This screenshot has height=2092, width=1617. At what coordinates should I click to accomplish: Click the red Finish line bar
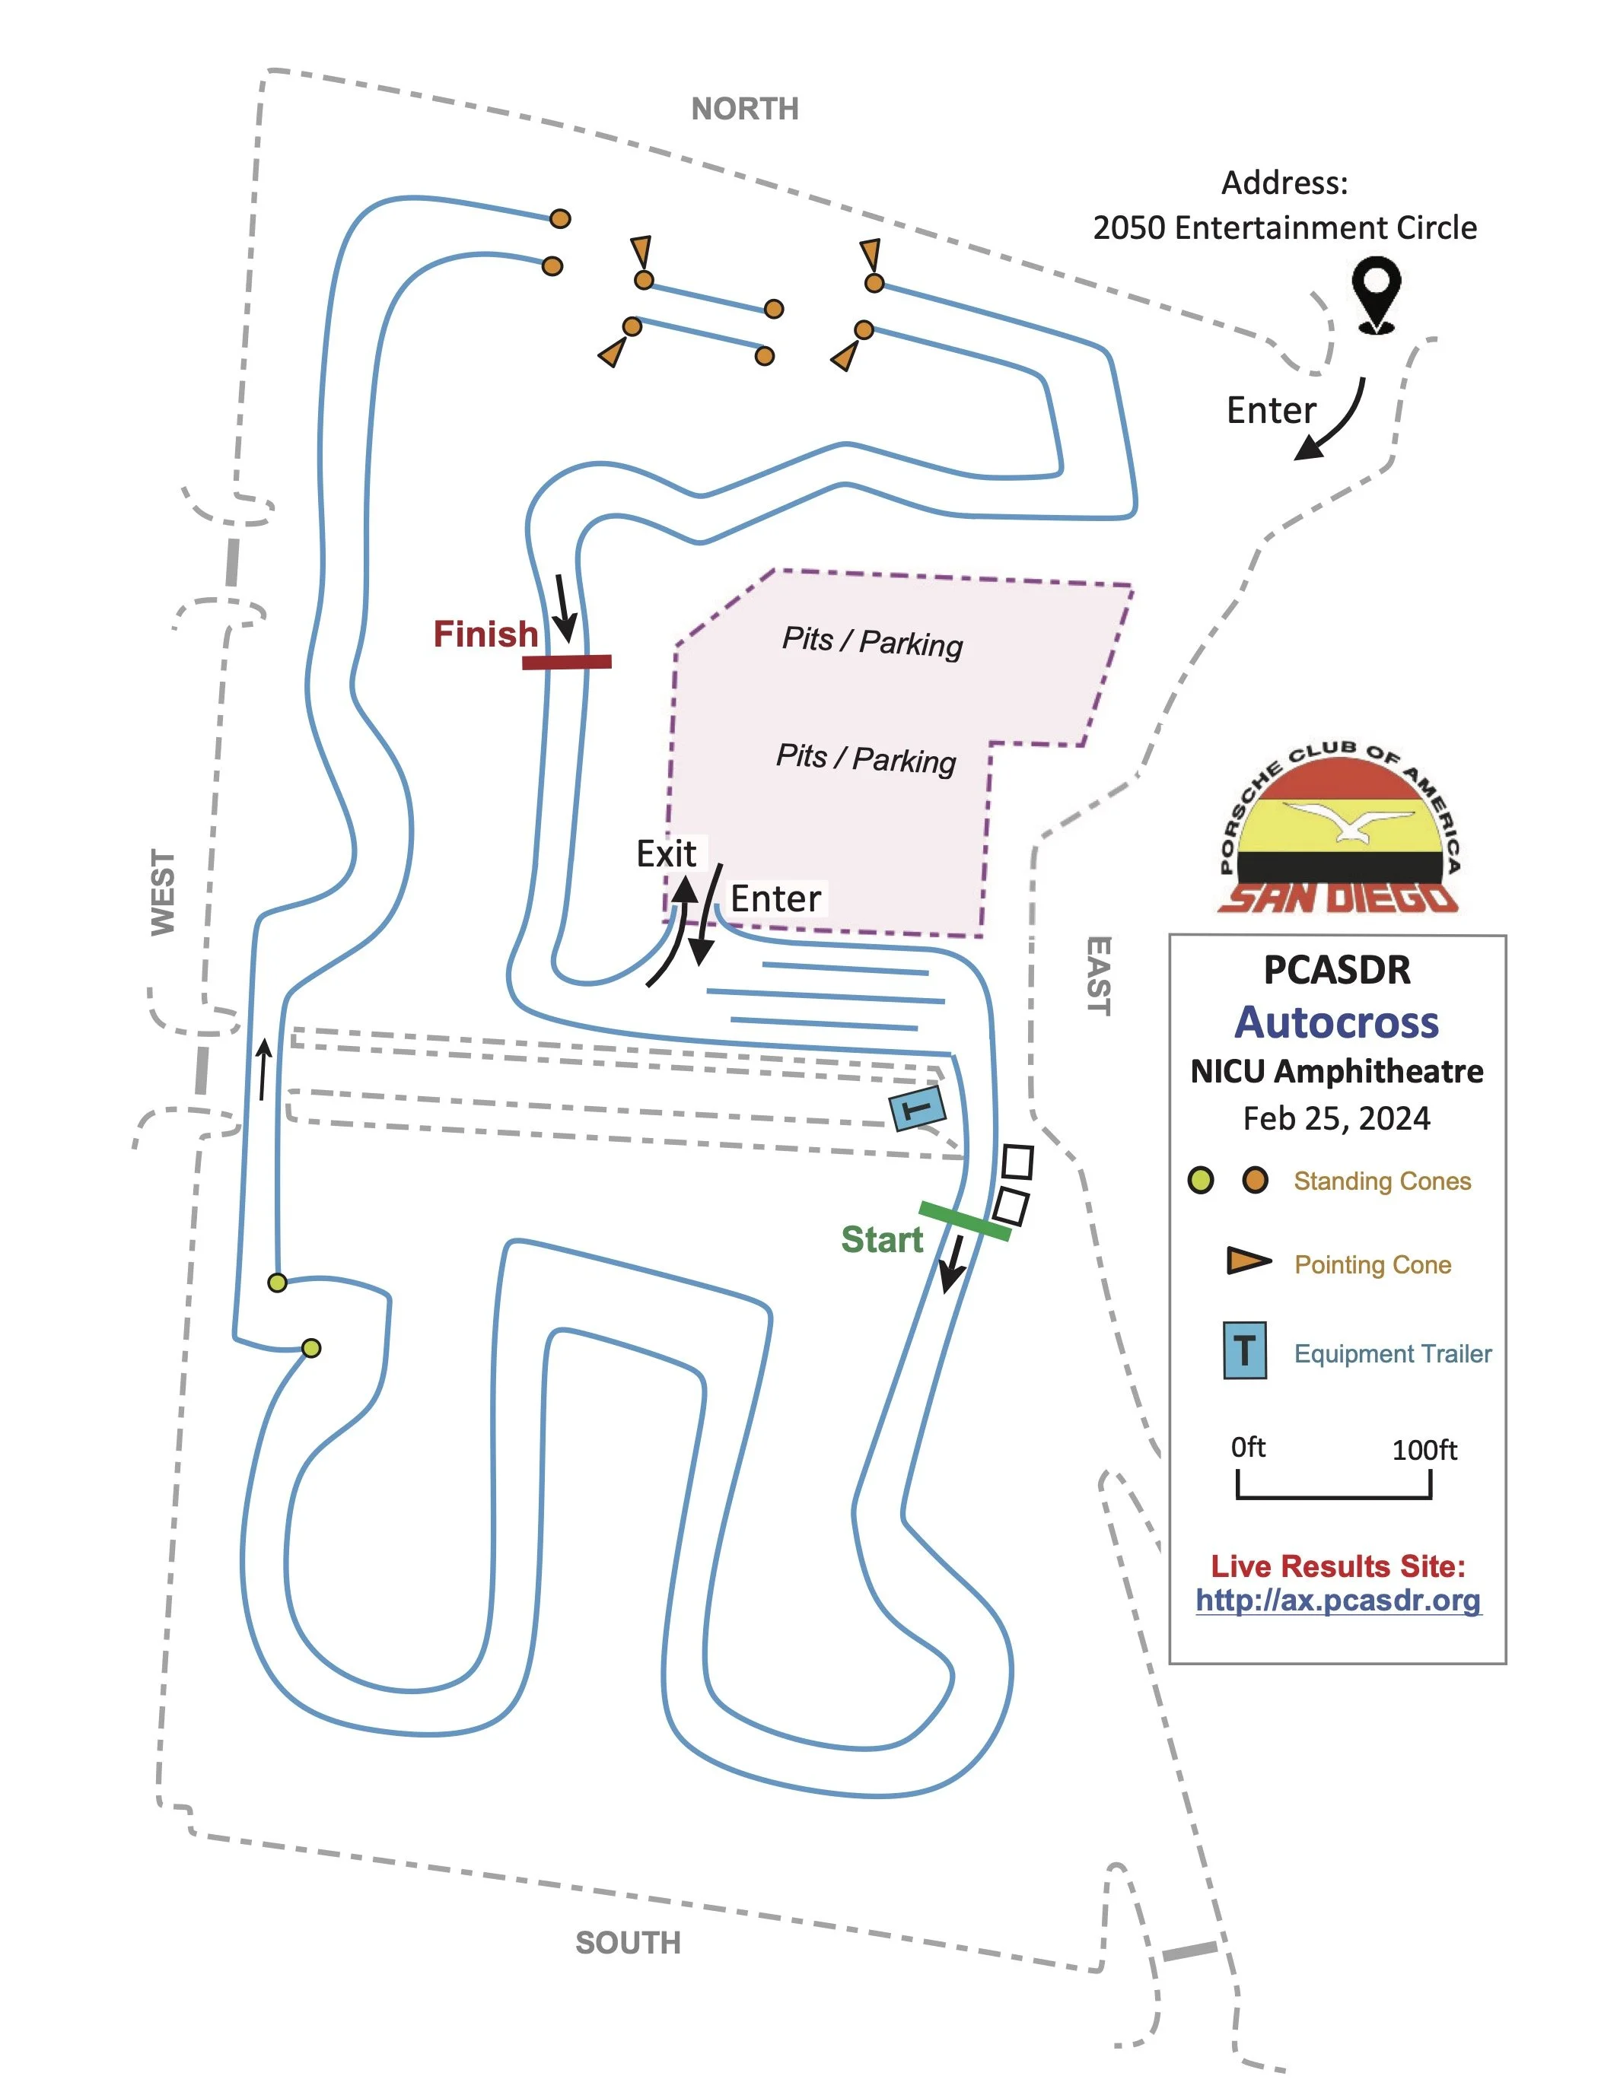coord(566,662)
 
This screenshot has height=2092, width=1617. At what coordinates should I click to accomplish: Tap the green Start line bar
coord(965,1221)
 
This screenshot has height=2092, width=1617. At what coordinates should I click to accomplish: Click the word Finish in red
coord(485,634)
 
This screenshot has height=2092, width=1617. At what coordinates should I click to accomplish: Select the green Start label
coord(881,1239)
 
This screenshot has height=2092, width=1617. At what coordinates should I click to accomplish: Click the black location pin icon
coord(1377,292)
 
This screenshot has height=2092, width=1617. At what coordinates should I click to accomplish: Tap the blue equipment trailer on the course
coord(918,1109)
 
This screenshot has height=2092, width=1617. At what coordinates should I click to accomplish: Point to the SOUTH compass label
coord(628,1943)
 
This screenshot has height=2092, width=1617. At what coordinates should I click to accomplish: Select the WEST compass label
coord(163,892)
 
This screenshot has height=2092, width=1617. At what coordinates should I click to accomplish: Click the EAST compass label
coord(1099,975)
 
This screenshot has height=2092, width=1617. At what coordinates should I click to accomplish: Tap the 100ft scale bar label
coord(1424,1450)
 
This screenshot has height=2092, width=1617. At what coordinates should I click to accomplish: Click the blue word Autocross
coord(1336,1022)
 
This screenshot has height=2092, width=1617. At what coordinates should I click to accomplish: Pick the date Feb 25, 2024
coord(1336,1118)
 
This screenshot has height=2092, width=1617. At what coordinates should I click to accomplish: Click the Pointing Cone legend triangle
coord(1247,1261)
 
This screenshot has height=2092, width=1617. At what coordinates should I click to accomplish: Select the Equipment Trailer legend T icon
coord(1244,1350)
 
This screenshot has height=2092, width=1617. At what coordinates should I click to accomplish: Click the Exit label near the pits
coord(667,854)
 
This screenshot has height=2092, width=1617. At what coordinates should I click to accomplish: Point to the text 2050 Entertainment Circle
coord(1284,228)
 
